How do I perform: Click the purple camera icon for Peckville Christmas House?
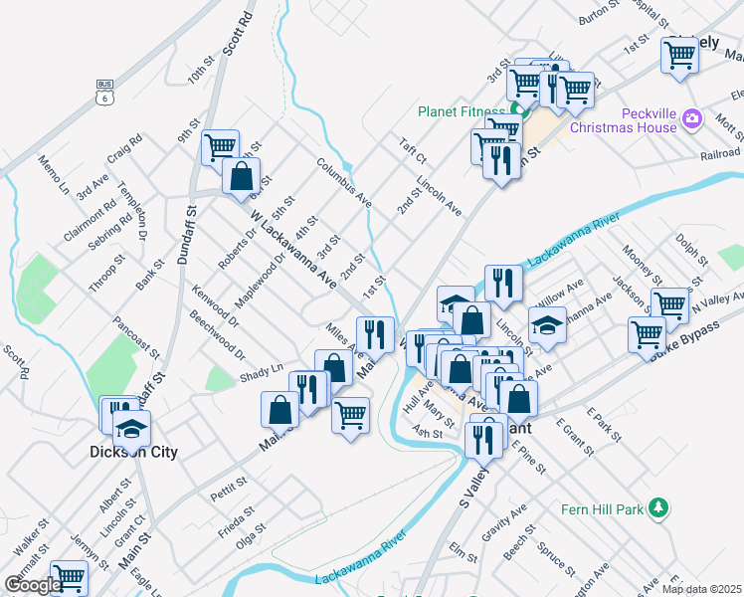click(693, 121)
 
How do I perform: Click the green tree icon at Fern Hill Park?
click(656, 508)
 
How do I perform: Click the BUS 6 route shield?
click(104, 91)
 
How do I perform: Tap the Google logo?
click(33, 585)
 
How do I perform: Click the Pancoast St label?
click(137, 336)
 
